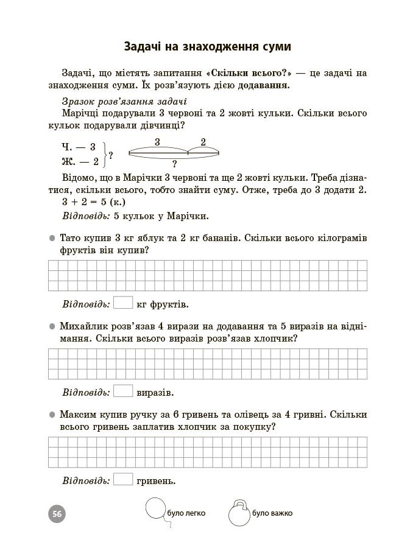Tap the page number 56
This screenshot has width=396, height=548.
pos(57,513)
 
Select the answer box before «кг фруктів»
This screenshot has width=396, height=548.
pos(123,302)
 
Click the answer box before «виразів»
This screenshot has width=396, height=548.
pos(123,391)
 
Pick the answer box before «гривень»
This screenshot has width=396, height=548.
pos(123,480)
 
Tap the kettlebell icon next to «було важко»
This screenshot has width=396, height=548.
pos(238,513)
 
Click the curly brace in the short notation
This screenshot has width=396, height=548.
pos(105,154)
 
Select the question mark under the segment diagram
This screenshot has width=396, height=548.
pos(174,164)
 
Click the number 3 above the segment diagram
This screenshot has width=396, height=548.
pos(157,142)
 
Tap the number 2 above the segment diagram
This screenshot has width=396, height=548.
pos(203,142)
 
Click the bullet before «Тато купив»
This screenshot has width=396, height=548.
pos(52,237)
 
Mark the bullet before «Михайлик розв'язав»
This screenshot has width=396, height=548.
pos(52,326)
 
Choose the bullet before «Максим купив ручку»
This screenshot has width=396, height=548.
pos(52,415)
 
